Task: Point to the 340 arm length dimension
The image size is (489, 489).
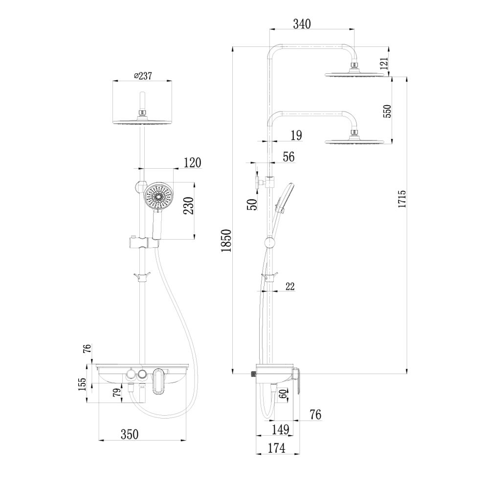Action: [x=301, y=23]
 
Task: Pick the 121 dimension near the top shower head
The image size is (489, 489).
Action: [x=384, y=62]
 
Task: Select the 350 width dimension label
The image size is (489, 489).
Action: [x=130, y=434]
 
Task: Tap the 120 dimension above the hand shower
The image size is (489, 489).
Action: [x=192, y=162]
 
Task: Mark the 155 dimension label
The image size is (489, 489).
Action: [x=83, y=385]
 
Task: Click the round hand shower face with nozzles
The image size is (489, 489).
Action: [x=159, y=196]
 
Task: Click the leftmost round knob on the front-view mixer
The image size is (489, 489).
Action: [x=131, y=375]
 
